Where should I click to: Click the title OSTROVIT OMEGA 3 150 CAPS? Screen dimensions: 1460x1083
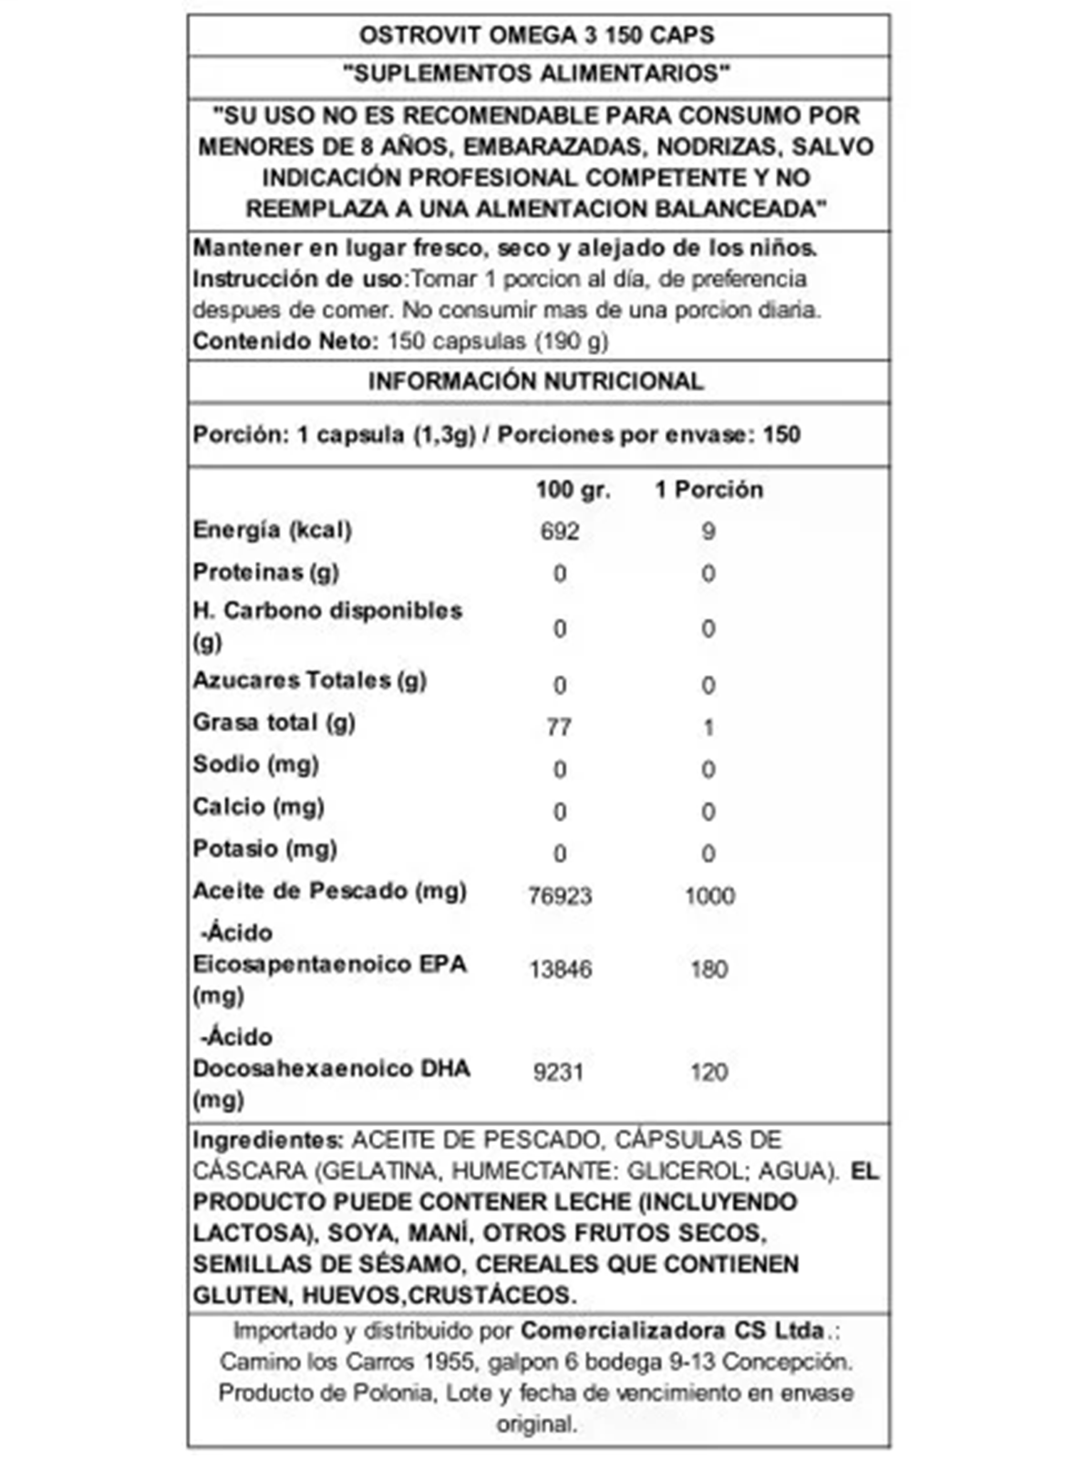pyautogui.click(x=536, y=35)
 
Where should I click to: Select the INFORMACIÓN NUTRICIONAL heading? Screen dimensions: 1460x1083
pyautogui.click(x=536, y=381)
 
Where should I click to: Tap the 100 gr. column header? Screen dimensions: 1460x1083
pyautogui.click(x=573, y=490)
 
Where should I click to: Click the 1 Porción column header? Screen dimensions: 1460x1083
pyautogui.click(x=709, y=490)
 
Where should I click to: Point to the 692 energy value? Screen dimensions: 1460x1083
pyautogui.click(x=560, y=532)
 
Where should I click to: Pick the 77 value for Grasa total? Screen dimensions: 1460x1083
pyautogui.click(x=559, y=727)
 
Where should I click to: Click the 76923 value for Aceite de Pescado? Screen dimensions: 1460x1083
pyautogui.click(x=560, y=896)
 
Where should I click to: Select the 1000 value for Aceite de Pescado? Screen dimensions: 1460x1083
pyautogui.click(x=709, y=896)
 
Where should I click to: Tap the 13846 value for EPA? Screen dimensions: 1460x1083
pyautogui.click(x=560, y=970)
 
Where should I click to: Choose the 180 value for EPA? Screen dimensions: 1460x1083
pyautogui.click(x=709, y=970)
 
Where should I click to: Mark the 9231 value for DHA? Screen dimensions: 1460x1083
pyautogui.click(x=558, y=1072)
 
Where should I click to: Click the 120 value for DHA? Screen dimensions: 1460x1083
pyautogui.click(x=709, y=1072)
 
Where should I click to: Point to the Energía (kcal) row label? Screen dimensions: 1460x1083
pyautogui.click(x=272, y=530)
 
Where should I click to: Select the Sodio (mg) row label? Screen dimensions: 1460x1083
pyautogui.click(x=256, y=765)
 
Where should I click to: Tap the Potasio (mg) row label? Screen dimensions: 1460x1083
pyautogui.click(x=265, y=849)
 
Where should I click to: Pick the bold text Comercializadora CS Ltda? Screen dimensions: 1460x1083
pyautogui.click(x=672, y=1331)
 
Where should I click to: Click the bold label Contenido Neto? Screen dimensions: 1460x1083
pyautogui.click(x=286, y=341)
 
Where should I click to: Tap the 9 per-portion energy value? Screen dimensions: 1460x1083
pyautogui.click(x=708, y=532)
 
